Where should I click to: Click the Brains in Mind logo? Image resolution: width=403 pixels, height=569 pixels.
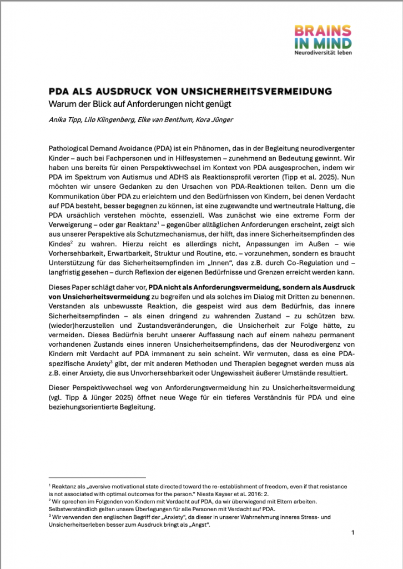pos(323,37)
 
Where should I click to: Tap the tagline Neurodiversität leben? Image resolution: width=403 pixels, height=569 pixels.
pos(323,53)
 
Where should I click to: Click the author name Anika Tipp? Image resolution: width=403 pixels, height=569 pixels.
pos(66,119)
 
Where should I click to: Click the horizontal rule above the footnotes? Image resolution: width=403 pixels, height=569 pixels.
pos(97,477)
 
